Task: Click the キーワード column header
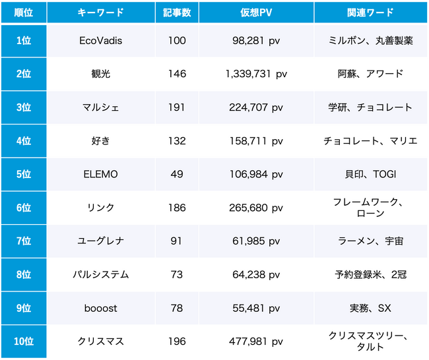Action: [x=100, y=13]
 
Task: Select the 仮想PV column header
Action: [x=254, y=13]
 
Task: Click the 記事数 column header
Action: [x=177, y=13]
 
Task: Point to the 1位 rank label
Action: [x=24, y=40]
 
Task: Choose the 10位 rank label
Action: [x=24, y=342]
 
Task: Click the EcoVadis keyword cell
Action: [x=100, y=40]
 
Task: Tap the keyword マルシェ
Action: [x=100, y=107]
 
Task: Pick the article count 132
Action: [x=177, y=141]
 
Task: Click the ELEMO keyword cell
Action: [x=100, y=174]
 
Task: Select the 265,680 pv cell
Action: [x=254, y=208]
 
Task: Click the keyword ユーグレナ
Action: [x=100, y=241]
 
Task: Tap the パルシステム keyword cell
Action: [x=100, y=274]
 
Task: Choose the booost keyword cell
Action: [x=100, y=308]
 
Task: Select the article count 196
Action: [x=177, y=342]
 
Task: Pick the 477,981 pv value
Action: [x=254, y=342]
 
